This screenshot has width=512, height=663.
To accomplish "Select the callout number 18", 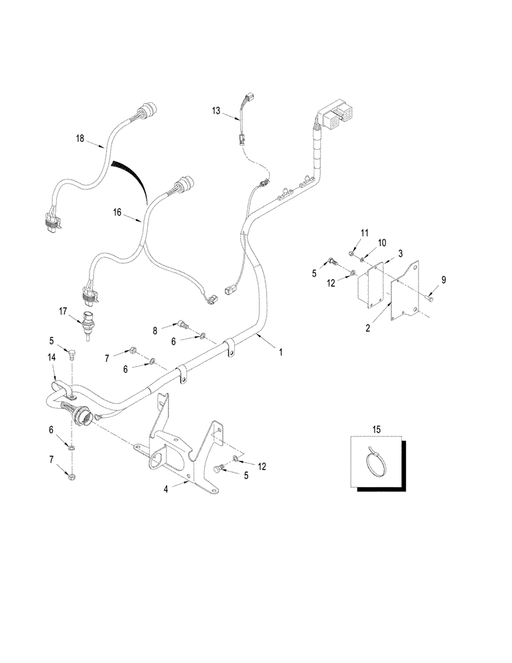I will [80, 139].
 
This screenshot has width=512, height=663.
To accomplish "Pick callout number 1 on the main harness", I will [281, 353].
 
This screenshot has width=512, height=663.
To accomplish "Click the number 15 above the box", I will [376, 430].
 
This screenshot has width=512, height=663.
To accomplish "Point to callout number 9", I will [444, 280].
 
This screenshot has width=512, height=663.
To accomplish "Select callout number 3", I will [401, 254].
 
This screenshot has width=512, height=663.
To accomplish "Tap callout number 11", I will [364, 231].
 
